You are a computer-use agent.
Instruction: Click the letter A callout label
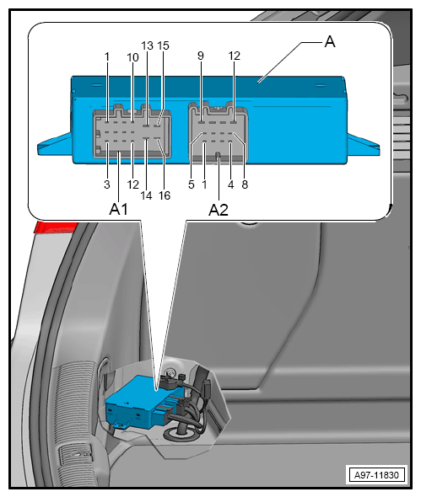tap(330, 42)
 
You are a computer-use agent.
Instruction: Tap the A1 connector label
tap(118, 209)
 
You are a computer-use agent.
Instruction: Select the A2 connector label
tap(219, 210)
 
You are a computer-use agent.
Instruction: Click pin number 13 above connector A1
tap(148, 46)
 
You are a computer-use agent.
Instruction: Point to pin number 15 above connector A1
tap(164, 46)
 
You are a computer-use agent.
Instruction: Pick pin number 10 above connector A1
tap(133, 57)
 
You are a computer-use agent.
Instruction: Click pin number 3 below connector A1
tap(107, 184)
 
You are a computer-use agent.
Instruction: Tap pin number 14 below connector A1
tap(146, 195)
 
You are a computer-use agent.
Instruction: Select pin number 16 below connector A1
tap(165, 195)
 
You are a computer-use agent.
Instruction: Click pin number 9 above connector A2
tap(200, 56)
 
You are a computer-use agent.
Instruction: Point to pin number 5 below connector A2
tap(192, 184)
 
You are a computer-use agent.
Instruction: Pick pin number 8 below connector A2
tap(245, 184)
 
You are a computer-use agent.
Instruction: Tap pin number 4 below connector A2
tap(231, 184)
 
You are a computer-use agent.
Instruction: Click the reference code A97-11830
tap(376, 475)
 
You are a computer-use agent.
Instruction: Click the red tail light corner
tap(54, 227)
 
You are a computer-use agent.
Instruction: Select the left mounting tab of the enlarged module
tap(55, 146)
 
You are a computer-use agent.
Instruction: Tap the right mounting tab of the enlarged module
tap(364, 146)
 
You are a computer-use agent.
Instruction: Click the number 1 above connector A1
tap(107, 57)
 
